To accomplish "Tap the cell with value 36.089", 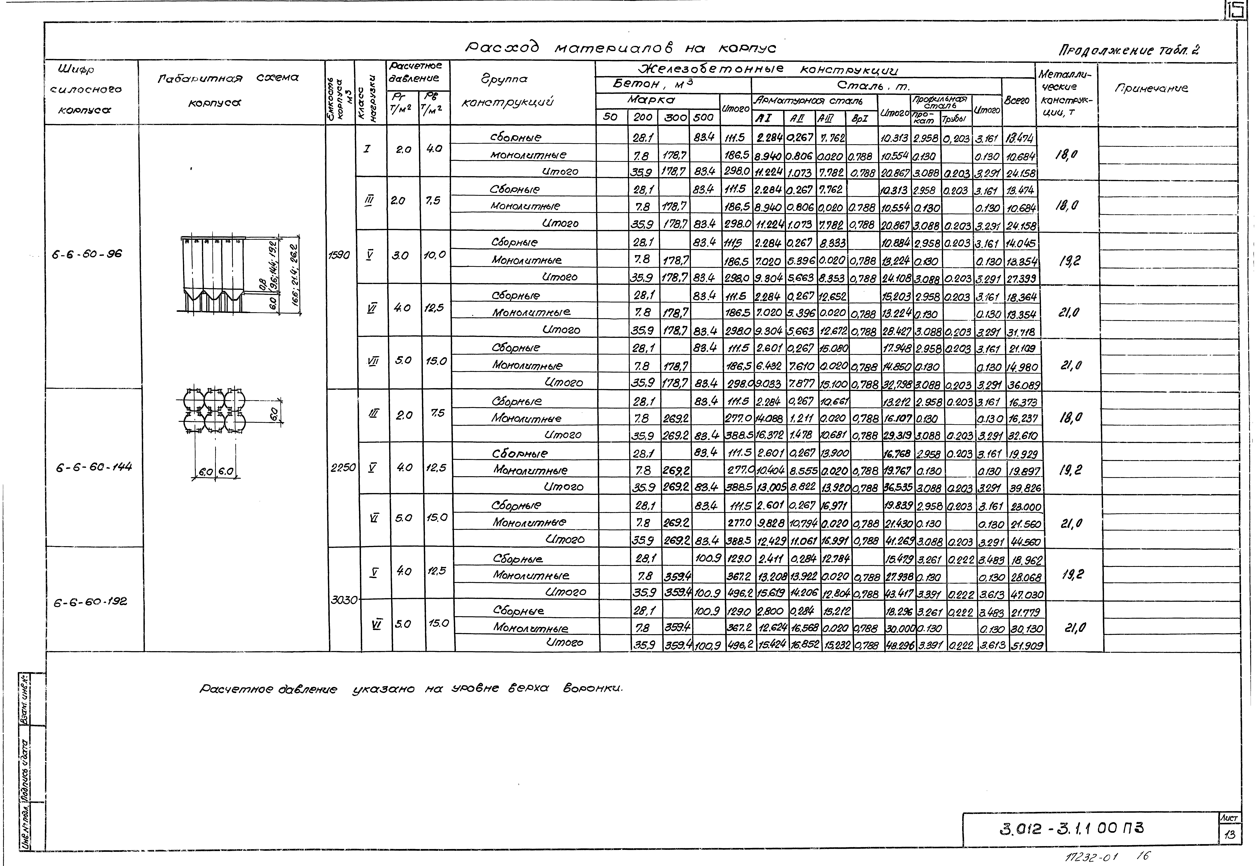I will [x=1024, y=385].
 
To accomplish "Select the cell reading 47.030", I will [x=1025, y=594].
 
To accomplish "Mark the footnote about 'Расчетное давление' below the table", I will [x=411, y=689].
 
